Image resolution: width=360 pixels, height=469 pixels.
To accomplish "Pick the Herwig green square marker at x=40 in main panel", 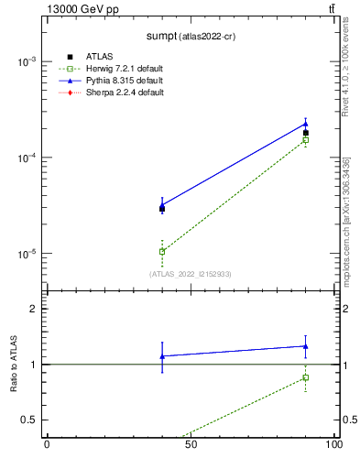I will click(162, 251).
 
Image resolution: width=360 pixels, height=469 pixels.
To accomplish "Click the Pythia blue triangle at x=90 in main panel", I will click(306, 124).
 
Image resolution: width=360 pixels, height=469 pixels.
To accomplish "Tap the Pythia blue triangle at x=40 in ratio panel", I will click(162, 356).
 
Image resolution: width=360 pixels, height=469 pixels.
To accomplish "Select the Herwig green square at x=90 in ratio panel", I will click(306, 377).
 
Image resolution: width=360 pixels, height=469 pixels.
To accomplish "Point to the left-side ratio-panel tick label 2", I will click(32, 309).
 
